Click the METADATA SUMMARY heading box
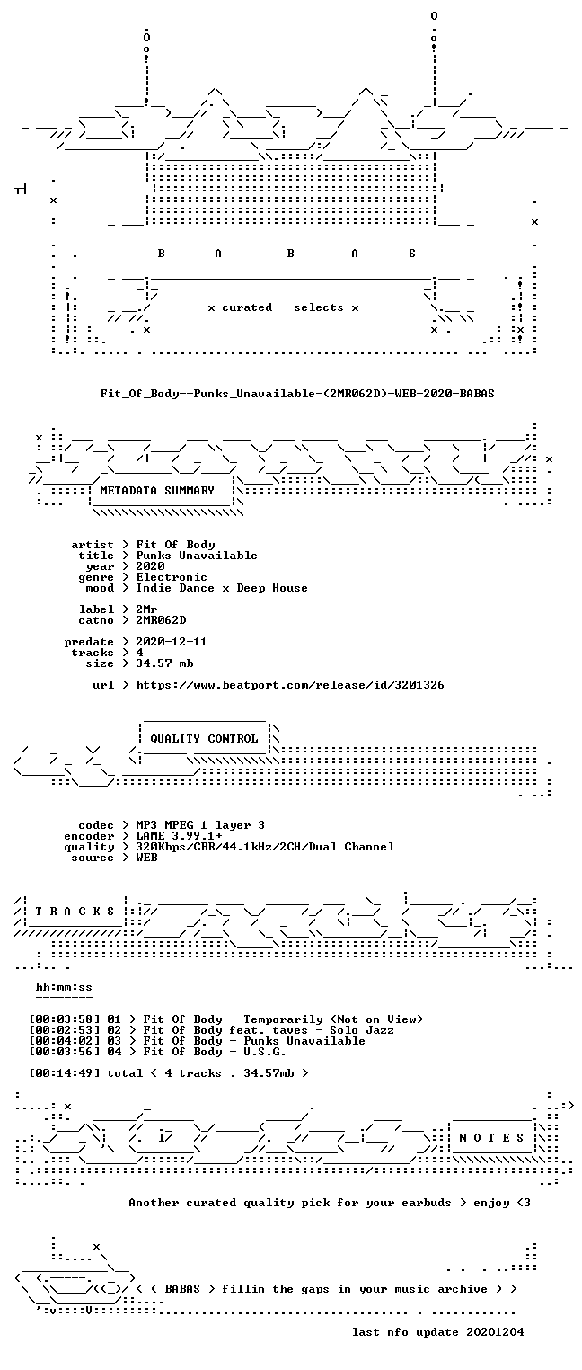click(162, 491)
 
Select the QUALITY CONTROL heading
click(204, 738)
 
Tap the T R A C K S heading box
click(75, 911)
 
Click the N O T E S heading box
click(491, 1137)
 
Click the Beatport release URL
click(290, 685)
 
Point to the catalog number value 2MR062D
click(161, 620)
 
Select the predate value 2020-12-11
click(172, 642)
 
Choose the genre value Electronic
click(172, 577)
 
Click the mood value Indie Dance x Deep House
click(221, 588)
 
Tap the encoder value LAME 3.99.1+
click(179, 836)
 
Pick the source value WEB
click(146, 858)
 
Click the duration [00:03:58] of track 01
click(64, 1019)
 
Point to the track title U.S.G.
click(265, 1052)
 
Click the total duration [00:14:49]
click(64, 1073)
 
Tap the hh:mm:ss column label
click(64, 987)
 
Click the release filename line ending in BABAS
click(297, 393)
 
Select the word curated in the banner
click(247, 307)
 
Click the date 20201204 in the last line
click(495, 1332)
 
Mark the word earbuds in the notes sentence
click(426, 1203)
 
